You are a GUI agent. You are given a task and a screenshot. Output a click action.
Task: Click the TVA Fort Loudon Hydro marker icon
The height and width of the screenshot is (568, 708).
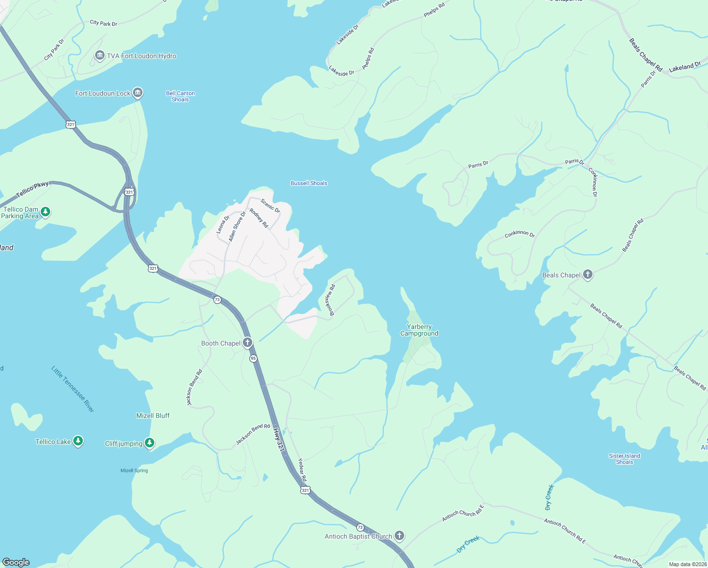click(x=99, y=56)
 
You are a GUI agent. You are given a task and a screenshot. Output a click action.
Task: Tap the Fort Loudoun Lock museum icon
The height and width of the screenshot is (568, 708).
click(x=138, y=93)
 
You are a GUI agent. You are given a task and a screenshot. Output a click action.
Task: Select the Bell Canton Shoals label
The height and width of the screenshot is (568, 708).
click(x=180, y=97)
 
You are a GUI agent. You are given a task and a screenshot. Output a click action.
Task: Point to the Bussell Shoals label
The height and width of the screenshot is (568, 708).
click(x=309, y=183)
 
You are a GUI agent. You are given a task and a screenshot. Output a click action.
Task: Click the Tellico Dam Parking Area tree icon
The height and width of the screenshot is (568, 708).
click(x=45, y=212)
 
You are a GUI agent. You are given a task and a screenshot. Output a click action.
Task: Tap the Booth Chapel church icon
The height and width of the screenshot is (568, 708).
click(x=247, y=343)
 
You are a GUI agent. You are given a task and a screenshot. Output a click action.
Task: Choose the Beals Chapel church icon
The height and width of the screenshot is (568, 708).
click(x=587, y=275)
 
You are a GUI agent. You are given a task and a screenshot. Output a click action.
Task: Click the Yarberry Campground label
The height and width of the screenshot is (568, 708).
click(x=419, y=330)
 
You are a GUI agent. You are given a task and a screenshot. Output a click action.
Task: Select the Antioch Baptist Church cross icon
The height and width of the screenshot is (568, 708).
click(x=399, y=536)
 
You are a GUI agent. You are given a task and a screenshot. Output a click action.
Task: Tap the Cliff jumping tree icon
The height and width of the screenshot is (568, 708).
click(x=150, y=443)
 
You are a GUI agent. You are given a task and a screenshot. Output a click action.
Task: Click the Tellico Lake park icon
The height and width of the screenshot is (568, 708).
click(x=78, y=441)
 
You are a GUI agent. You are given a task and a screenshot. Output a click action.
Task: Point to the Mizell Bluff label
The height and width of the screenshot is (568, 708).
click(x=153, y=416)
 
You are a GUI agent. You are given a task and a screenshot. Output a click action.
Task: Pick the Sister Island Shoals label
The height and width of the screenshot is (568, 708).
click(x=624, y=459)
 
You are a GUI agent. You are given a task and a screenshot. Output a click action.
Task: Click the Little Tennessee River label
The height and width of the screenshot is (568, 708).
click(x=73, y=389)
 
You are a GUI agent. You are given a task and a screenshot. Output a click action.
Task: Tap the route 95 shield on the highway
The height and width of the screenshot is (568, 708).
click(x=253, y=358)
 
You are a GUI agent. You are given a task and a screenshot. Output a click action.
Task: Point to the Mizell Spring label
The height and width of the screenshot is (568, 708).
click(x=134, y=470)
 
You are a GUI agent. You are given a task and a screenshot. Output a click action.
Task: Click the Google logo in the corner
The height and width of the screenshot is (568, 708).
click(x=16, y=562)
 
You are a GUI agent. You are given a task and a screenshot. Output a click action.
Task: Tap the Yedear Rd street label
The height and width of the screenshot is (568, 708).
click(x=302, y=470)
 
